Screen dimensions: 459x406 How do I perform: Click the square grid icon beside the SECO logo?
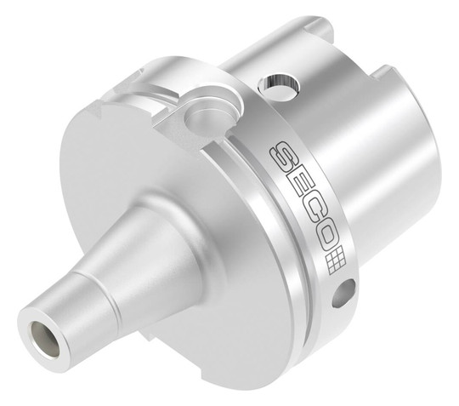click(x=336, y=263)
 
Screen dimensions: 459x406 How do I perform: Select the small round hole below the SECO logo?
click(x=344, y=294)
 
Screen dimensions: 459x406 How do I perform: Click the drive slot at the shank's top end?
click(x=318, y=25)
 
